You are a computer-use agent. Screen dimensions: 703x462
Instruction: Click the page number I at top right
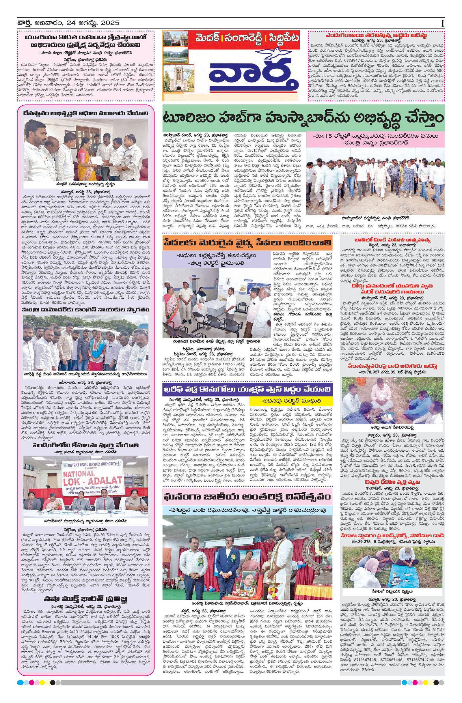[442, 24]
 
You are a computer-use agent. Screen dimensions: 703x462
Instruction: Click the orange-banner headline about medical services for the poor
[247, 243]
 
